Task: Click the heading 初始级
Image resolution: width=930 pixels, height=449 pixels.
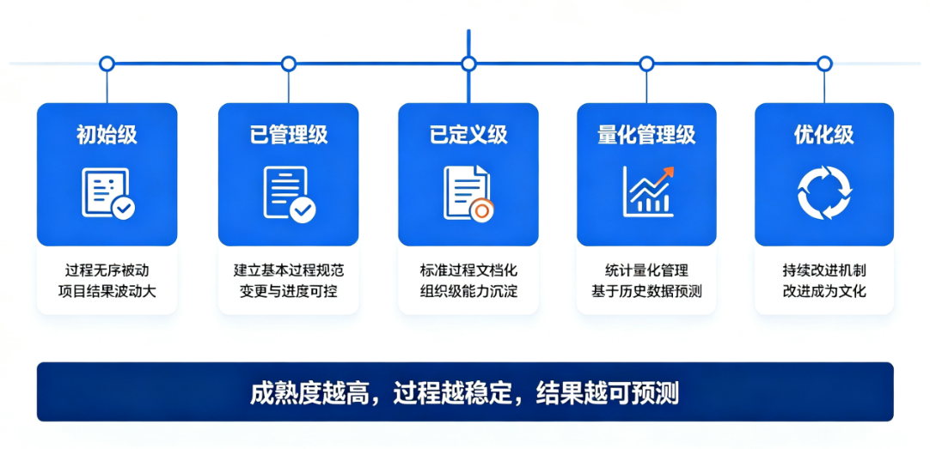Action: click(107, 135)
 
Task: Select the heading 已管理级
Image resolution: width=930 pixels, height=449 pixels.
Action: click(288, 135)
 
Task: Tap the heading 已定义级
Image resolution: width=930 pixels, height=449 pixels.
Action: click(468, 135)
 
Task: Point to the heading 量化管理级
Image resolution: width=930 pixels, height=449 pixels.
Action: click(646, 135)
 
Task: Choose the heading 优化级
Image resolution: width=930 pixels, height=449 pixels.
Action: click(823, 135)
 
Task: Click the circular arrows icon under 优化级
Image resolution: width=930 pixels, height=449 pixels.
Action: click(824, 192)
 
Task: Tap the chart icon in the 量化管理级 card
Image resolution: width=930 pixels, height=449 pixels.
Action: click(648, 191)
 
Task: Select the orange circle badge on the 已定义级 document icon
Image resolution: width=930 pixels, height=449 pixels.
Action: click(481, 209)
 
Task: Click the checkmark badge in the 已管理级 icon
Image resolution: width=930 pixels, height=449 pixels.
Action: click(303, 209)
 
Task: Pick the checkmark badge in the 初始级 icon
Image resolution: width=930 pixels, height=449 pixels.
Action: click(124, 208)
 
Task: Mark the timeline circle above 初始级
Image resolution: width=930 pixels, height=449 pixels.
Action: click(107, 64)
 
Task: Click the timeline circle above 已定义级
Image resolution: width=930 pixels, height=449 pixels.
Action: click(468, 64)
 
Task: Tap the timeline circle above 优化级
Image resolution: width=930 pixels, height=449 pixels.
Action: click(824, 64)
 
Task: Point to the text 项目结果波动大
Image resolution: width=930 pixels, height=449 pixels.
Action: click(107, 291)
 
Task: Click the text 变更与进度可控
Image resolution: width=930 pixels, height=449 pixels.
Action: click(288, 291)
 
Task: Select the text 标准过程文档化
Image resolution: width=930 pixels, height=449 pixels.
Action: click(468, 270)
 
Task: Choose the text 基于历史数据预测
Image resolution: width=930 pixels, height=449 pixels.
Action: click(646, 291)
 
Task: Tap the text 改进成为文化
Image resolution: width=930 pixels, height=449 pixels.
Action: click(823, 291)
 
